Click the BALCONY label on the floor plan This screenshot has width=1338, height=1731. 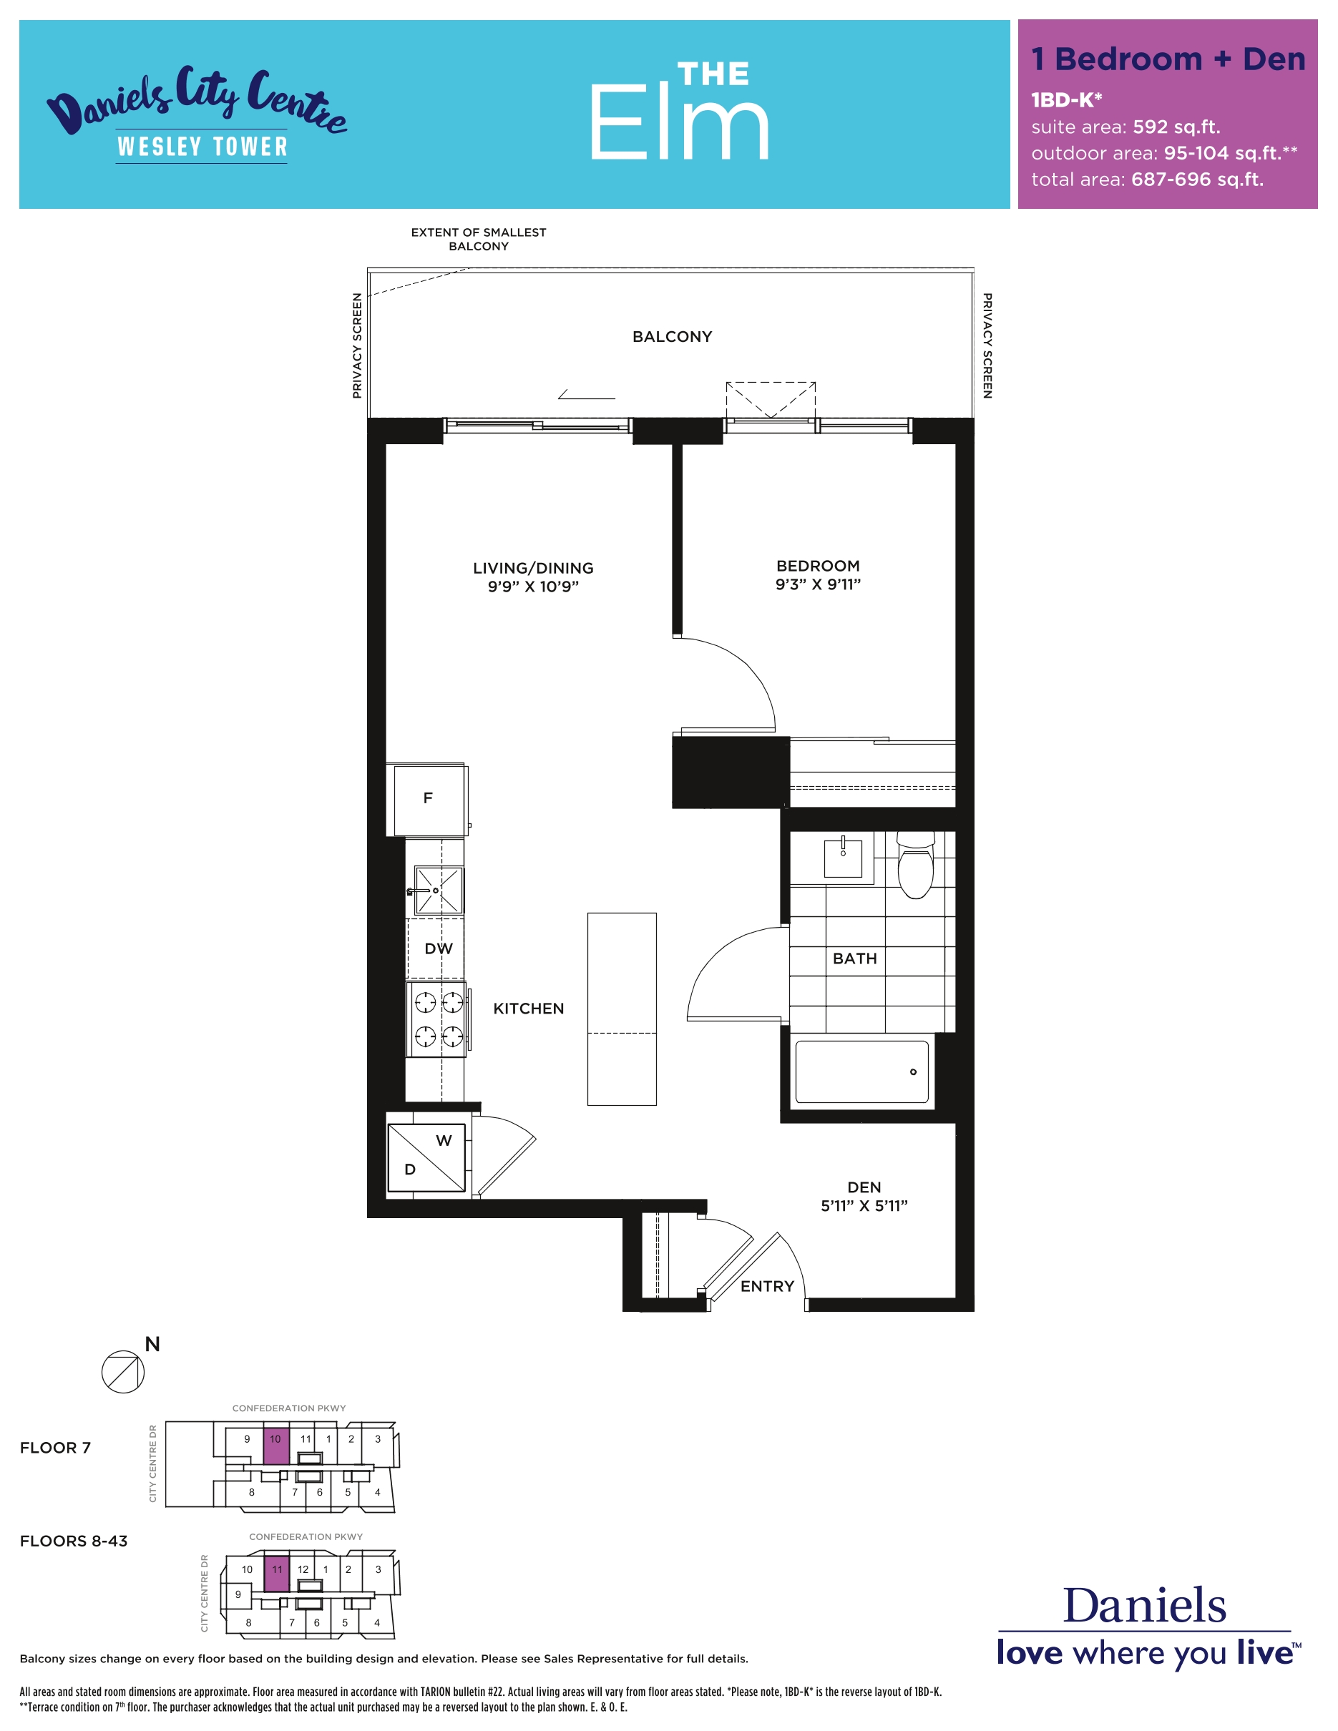point(672,337)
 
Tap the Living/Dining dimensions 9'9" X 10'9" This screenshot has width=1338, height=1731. point(534,587)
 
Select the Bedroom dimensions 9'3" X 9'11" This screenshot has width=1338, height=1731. point(818,584)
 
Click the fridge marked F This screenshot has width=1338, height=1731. point(427,800)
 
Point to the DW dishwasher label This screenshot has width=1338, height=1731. point(439,948)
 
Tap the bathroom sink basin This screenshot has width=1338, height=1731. point(843,858)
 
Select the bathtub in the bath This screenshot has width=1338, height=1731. point(861,1072)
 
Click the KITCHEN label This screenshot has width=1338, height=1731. point(529,1009)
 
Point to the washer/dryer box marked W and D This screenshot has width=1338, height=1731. point(426,1158)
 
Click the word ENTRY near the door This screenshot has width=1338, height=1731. point(767,1286)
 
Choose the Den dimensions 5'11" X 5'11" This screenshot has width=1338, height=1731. point(864,1205)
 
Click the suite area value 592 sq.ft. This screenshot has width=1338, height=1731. point(1176,127)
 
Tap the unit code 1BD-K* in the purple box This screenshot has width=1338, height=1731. point(1066,100)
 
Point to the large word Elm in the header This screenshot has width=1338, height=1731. point(679,123)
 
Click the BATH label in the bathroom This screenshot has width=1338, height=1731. point(854,959)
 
